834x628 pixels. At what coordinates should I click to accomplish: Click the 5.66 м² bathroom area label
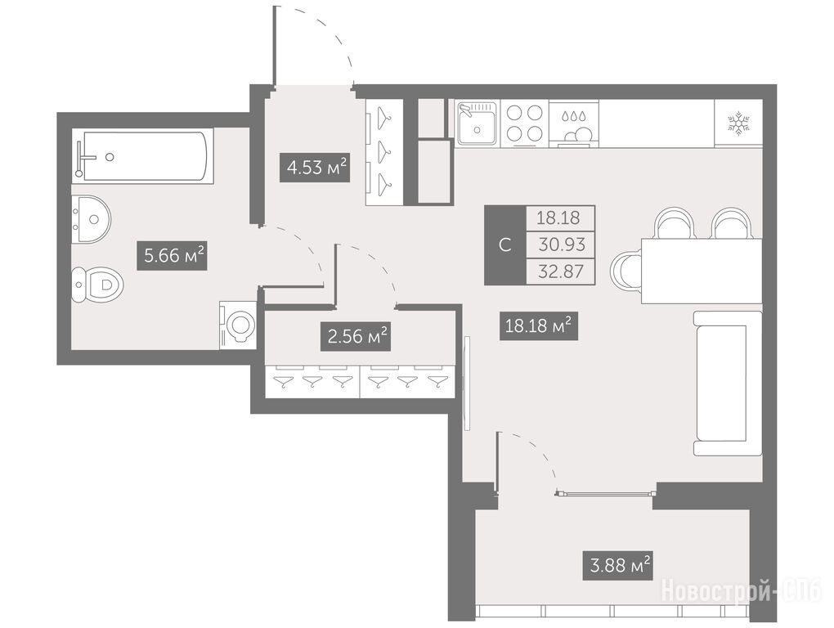click(x=172, y=255)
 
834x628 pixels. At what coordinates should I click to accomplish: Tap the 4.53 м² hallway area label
click(x=315, y=167)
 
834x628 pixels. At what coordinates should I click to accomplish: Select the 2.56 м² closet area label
click(x=356, y=336)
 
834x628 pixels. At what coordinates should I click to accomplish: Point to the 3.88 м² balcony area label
click(x=617, y=565)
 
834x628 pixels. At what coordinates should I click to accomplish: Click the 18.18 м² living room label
click(x=538, y=325)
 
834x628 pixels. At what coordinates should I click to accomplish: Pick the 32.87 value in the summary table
click(x=561, y=271)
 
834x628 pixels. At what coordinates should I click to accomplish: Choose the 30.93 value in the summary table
click(x=561, y=245)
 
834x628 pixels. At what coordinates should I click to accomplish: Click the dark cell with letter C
click(x=505, y=245)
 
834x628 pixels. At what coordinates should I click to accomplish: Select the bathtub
click(x=142, y=156)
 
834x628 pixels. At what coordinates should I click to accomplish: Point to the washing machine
click(x=238, y=325)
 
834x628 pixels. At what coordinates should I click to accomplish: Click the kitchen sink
click(x=478, y=124)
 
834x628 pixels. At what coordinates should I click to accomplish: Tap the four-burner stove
click(x=524, y=123)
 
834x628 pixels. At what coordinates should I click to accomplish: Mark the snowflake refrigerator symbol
click(x=738, y=123)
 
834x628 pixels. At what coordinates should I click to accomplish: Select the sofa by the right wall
click(x=728, y=384)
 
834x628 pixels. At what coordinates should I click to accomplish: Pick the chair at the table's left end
click(x=626, y=271)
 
